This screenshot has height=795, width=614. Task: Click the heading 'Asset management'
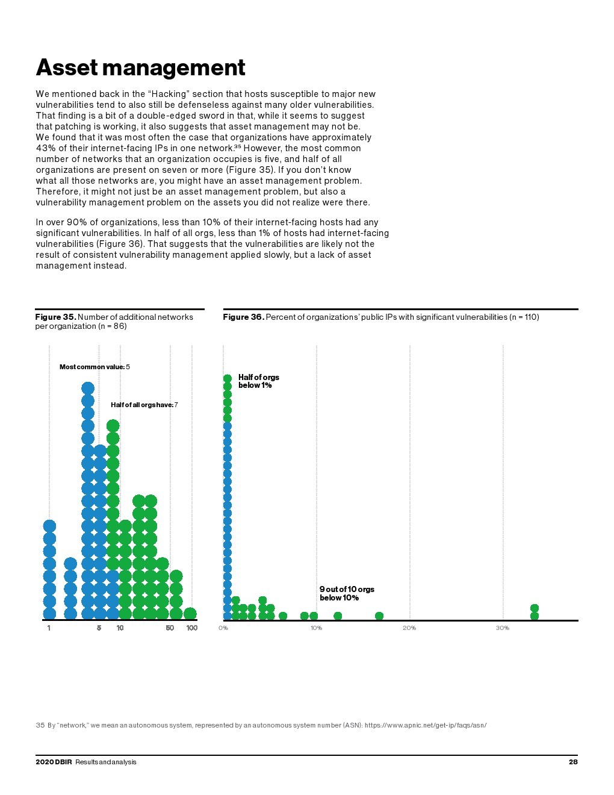click(x=140, y=67)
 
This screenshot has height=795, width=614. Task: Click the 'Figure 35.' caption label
click(x=55, y=317)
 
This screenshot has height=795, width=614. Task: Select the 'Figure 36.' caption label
click(x=243, y=317)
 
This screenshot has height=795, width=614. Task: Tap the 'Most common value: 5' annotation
click(x=95, y=367)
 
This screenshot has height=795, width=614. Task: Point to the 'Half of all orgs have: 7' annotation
click(x=144, y=405)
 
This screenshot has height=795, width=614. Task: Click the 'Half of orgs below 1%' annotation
click(x=258, y=381)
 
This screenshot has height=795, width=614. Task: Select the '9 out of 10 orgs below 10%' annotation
click(x=346, y=593)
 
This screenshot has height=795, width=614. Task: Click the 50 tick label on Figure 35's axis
click(x=170, y=628)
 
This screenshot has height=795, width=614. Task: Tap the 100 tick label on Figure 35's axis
click(x=191, y=628)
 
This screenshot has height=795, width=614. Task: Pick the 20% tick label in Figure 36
click(x=409, y=628)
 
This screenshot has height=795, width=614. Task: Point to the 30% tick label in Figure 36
click(x=503, y=628)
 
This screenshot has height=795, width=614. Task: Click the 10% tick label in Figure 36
click(x=316, y=628)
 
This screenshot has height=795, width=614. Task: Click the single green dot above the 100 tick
click(x=190, y=613)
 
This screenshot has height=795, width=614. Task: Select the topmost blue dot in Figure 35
click(x=88, y=388)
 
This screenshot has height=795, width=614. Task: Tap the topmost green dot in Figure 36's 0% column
click(x=228, y=378)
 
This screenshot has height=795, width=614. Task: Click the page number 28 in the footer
click(x=573, y=762)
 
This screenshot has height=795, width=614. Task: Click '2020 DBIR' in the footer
click(x=54, y=762)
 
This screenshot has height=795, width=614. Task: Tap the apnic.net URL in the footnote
click(x=425, y=725)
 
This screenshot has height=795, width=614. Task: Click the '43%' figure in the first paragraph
click(x=45, y=148)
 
